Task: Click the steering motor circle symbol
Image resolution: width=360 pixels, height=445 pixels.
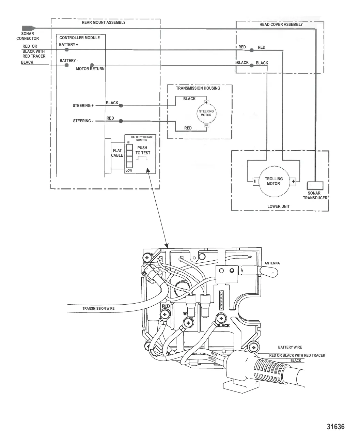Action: tap(206, 113)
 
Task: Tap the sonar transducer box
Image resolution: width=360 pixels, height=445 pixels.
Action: tap(315, 186)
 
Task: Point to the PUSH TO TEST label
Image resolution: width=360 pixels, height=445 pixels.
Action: tap(142, 151)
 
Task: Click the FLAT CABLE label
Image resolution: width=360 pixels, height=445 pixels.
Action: tap(117, 153)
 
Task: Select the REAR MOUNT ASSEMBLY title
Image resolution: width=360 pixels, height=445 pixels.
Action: tap(104, 22)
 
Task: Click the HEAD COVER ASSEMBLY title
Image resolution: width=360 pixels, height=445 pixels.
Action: tap(281, 25)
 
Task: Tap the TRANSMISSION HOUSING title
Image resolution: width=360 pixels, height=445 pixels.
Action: tap(198, 88)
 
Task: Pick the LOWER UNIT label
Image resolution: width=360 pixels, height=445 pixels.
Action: tap(278, 206)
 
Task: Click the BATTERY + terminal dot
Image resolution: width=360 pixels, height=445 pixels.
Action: tap(67, 50)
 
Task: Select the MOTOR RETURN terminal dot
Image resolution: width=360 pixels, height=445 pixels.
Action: tap(92, 65)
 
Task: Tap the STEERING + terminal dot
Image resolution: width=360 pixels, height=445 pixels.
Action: tap(121, 106)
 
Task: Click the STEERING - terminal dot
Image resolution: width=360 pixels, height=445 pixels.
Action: tap(121, 121)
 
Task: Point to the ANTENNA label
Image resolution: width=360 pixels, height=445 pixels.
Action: tap(272, 263)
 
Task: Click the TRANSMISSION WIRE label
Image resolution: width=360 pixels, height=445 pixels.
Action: tap(98, 309)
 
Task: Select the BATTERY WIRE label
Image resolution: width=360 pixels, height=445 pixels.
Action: tap(290, 348)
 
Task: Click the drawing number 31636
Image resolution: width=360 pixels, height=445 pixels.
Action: tap(335, 427)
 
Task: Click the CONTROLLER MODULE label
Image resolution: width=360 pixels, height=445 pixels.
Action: tap(79, 38)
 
